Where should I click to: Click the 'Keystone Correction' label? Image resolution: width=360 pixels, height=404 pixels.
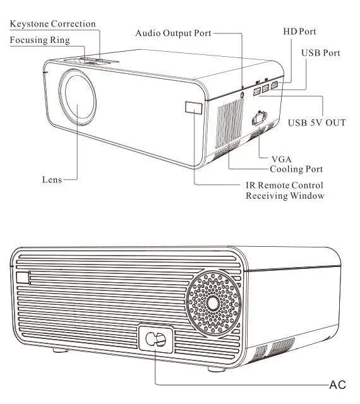coord(52,24)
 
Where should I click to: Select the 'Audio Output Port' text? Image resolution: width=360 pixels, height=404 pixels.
coord(173,32)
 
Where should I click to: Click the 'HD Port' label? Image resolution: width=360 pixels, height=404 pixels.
coord(299,31)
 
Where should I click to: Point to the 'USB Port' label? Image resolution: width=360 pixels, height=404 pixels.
coord(320,53)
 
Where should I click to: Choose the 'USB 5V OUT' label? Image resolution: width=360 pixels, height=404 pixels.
coord(316,122)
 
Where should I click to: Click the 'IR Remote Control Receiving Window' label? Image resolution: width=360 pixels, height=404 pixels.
coord(284,191)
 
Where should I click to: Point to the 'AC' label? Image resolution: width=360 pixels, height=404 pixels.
coord(338,383)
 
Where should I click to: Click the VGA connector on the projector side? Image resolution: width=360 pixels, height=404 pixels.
coord(258,119)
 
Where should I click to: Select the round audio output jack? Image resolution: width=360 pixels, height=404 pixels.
coord(244,94)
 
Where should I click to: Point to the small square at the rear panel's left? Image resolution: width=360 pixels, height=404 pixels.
coord(23,278)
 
